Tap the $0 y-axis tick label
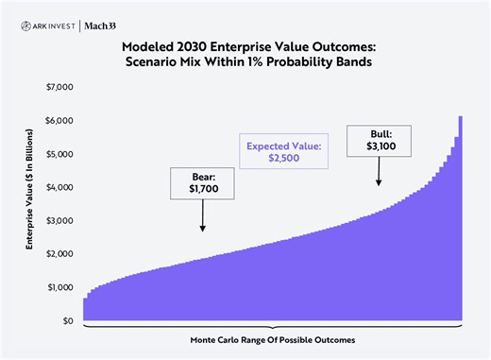[66, 321]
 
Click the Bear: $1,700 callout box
[202, 183]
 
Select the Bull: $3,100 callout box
[379, 139]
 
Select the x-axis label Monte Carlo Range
[272, 339]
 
